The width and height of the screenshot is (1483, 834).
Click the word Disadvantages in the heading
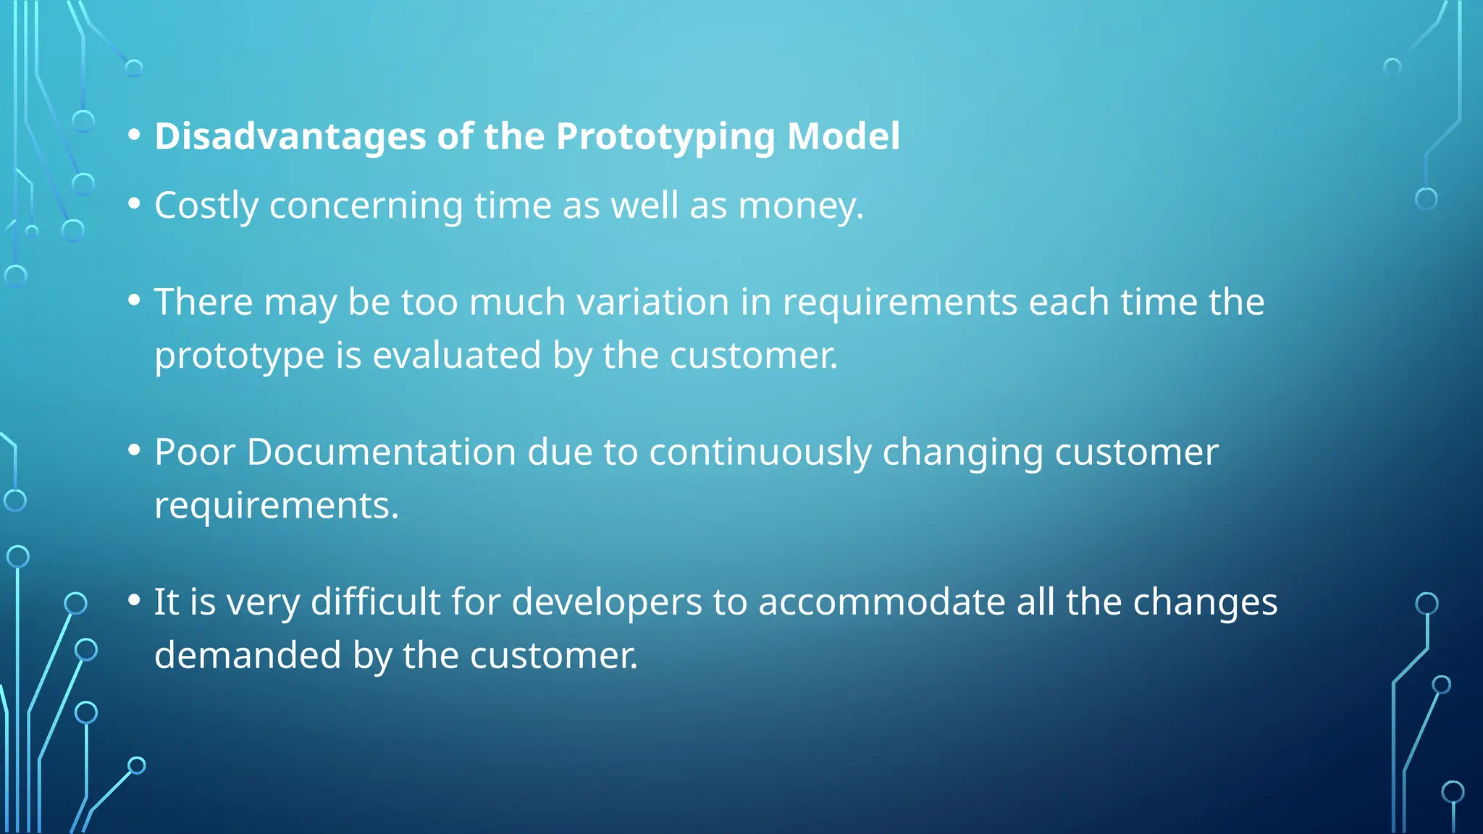pos(290,136)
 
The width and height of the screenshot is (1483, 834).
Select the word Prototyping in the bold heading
pos(665,136)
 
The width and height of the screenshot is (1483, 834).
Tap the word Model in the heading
pos(843,136)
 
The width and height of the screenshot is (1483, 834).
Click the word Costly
pos(206,206)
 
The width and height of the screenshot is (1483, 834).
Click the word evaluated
pos(456,355)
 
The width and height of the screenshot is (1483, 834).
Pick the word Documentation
pos(382,452)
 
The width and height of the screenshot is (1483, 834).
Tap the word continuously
pos(760,452)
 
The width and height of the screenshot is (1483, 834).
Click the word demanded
pos(248,655)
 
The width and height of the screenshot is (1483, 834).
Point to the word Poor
pos(195,452)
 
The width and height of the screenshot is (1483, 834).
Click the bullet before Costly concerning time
pos(134,204)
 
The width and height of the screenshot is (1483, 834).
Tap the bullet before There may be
pos(134,300)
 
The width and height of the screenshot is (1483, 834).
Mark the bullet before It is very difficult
pos(134,600)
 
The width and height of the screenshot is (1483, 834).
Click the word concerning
pos(366,206)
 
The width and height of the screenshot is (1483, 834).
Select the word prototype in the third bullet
pos(239,355)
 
